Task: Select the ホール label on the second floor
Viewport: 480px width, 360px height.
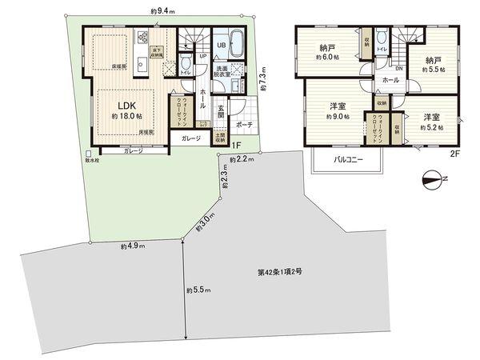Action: [x=390, y=80]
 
